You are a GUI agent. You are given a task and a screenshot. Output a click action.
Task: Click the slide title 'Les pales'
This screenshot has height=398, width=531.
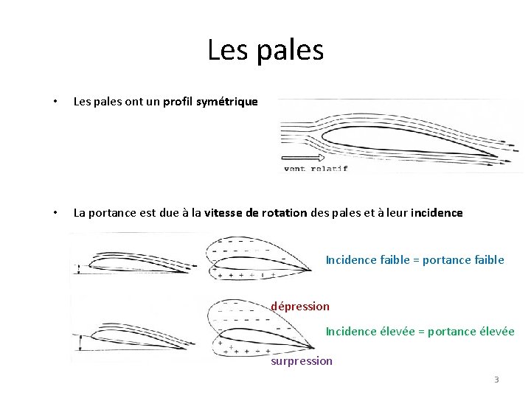tap(265, 50)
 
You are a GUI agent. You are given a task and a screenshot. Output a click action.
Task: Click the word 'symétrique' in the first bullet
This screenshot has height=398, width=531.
tap(227, 102)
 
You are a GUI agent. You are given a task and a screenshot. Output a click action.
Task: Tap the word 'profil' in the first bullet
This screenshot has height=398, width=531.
tap(178, 102)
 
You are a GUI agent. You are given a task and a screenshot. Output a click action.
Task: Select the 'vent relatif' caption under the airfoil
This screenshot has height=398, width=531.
tap(315, 168)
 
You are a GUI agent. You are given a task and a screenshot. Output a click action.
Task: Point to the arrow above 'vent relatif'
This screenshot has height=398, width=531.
tap(302, 157)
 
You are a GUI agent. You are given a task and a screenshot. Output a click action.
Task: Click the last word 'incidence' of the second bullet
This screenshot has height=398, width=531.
tap(437, 213)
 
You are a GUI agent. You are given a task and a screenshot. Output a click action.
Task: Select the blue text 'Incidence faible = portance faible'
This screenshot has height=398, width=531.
tap(414, 259)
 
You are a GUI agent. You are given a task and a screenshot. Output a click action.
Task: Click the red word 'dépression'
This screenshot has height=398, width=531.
tap(300, 306)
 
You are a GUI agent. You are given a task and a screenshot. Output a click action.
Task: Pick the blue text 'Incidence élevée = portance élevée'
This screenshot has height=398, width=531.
tap(420, 332)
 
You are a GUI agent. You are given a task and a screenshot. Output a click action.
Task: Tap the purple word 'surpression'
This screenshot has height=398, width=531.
tap(302, 361)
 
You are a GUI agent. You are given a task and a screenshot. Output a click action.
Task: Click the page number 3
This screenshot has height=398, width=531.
tap(496, 380)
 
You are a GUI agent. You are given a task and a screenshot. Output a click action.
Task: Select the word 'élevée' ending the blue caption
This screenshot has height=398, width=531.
tap(496, 332)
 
